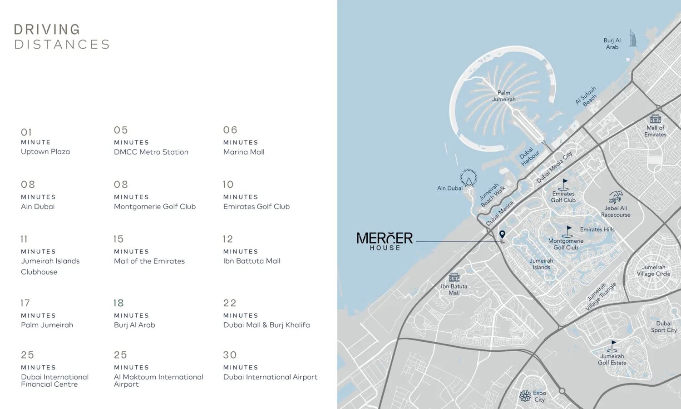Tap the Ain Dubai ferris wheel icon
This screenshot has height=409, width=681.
pyautogui.click(x=468, y=178)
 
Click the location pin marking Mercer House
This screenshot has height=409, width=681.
pyautogui.click(x=502, y=235)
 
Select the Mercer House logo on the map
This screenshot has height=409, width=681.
pyautogui.click(x=385, y=241)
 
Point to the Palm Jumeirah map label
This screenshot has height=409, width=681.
pyautogui.click(x=504, y=96)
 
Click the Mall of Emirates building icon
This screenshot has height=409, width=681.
pyautogui.click(x=655, y=119)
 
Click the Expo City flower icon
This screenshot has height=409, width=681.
pyautogui.click(x=525, y=396)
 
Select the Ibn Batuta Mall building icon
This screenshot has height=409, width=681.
pyautogui.click(x=454, y=277)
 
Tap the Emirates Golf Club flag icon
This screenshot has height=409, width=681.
pyautogui.click(x=564, y=184)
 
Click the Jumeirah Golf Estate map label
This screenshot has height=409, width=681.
pyautogui.click(x=612, y=359)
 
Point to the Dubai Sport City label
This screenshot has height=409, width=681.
pyautogui.click(x=663, y=327)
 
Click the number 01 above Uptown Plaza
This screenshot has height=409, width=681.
pyautogui.click(x=26, y=132)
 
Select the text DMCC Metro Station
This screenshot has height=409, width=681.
pyautogui.click(x=151, y=152)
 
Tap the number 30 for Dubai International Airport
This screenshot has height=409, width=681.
pyautogui.click(x=230, y=355)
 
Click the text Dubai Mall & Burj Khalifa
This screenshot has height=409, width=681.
pyautogui.click(x=266, y=325)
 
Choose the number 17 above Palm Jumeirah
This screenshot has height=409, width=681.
pyautogui.click(x=25, y=303)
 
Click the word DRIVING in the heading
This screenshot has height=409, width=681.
pyautogui.click(x=47, y=30)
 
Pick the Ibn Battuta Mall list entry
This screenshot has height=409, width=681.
pyautogui.click(x=252, y=261)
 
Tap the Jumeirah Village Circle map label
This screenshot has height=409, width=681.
pyautogui.click(x=653, y=270)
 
